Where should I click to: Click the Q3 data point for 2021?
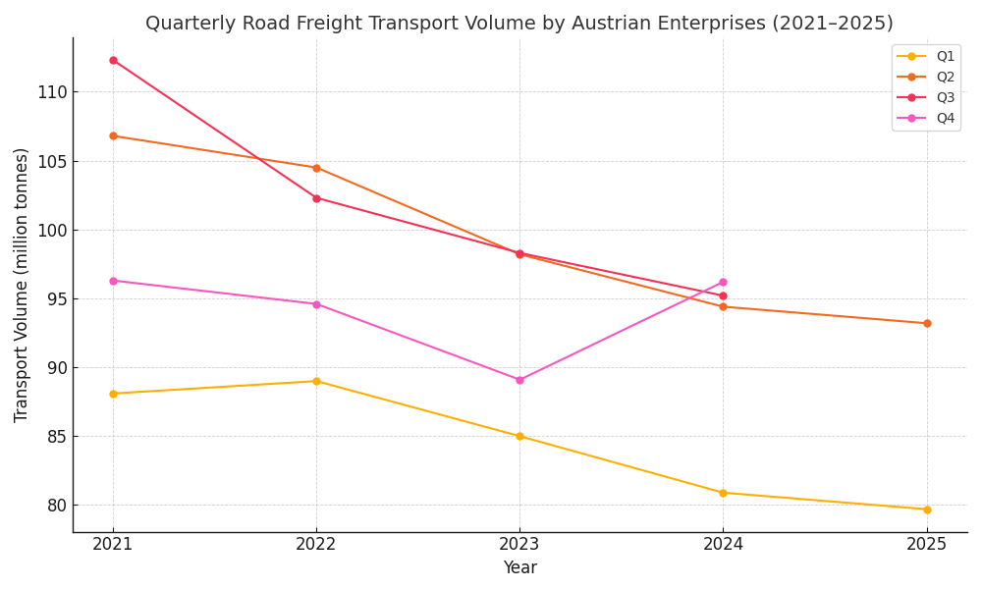(113, 60)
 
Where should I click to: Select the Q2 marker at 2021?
(113, 135)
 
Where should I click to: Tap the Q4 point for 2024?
(723, 282)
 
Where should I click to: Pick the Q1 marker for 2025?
(927, 509)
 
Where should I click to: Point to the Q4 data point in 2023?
(519, 380)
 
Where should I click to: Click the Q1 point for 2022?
(316, 381)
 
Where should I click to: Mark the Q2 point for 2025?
(927, 323)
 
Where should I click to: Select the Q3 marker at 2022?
(316, 198)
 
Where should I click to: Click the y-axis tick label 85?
(56, 437)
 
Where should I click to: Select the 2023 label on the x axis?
(519, 543)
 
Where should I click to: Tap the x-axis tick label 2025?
(927, 543)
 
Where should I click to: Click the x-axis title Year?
(519, 568)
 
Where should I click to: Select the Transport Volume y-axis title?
(22, 285)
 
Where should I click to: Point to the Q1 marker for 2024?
(723, 493)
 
